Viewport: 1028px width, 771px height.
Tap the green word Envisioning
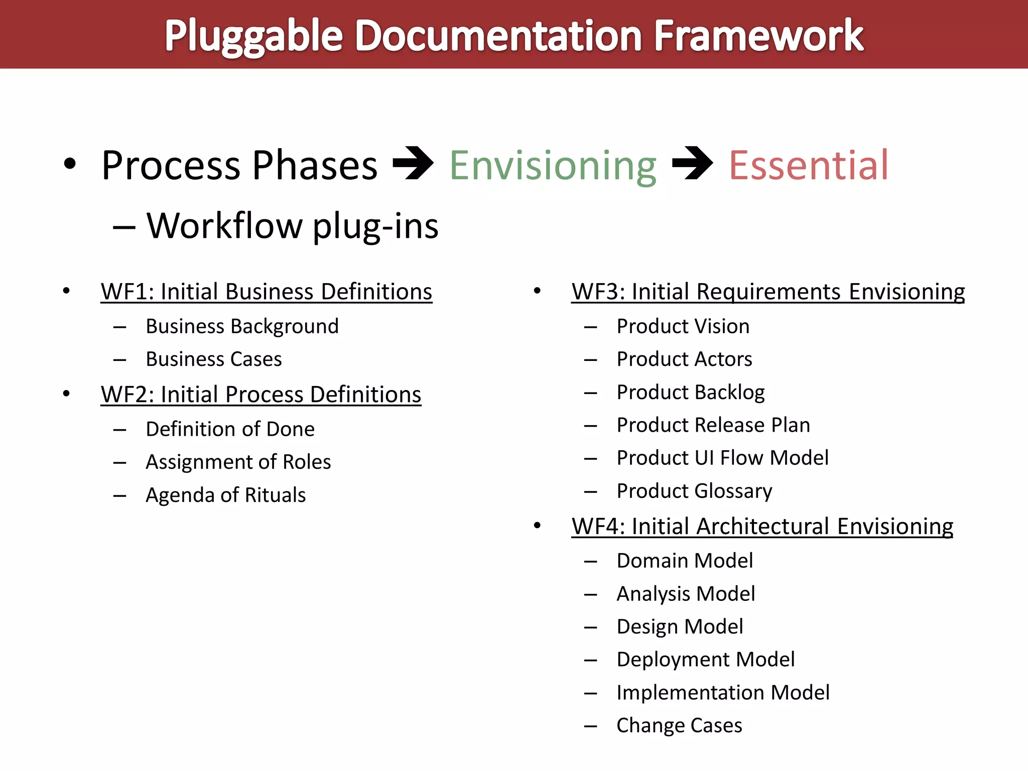point(553,166)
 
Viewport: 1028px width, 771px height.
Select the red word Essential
point(809,166)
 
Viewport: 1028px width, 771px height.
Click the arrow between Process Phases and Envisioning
point(413,163)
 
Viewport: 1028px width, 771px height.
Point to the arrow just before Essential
point(692,163)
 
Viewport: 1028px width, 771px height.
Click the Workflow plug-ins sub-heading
point(292,226)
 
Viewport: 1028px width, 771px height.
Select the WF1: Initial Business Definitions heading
point(266,292)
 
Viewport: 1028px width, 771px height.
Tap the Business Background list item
point(242,326)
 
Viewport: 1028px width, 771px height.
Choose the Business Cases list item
point(213,359)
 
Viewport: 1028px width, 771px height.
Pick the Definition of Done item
point(230,429)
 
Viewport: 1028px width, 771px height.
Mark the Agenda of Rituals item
point(225,495)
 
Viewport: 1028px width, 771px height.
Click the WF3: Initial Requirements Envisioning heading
point(768,292)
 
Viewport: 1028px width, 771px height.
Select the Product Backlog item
point(690,393)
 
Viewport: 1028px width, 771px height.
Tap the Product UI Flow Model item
point(722,458)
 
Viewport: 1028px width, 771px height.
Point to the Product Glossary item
point(694,491)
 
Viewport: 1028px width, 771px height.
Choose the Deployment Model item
point(705,660)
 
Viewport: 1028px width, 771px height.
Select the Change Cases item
point(679,725)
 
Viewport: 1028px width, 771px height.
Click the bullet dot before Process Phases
point(70,164)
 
